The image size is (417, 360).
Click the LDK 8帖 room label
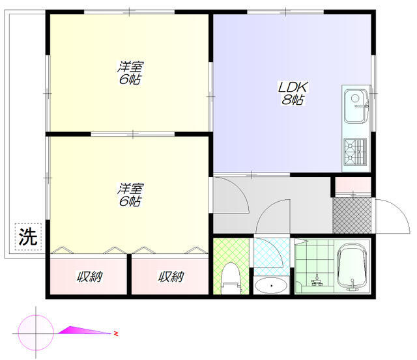pos(293,93)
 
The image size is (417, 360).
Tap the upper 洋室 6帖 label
pos(130,73)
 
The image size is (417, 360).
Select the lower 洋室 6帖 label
pos(130,195)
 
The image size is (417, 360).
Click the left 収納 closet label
pos(90,277)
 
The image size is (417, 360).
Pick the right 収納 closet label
pos(171,277)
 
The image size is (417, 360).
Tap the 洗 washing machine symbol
pos(28,237)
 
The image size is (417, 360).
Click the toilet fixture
pos(231,278)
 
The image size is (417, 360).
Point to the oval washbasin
pos(271,286)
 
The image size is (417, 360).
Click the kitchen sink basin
pos(356,106)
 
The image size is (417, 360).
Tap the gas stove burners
pos(355,152)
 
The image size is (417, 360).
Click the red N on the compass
pos(116,333)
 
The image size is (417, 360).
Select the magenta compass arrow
pos(85,330)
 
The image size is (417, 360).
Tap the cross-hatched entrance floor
pos(352,215)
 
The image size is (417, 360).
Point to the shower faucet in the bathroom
pos(317,281)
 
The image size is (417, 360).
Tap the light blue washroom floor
pos(271,256)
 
